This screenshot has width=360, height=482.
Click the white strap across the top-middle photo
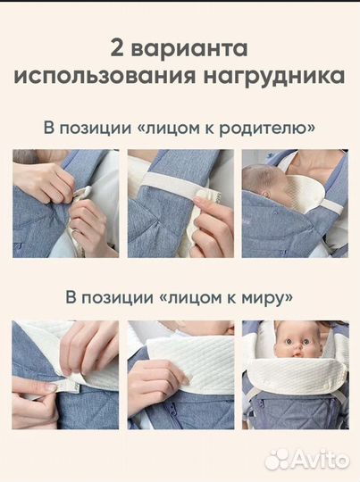[x=170, y=190]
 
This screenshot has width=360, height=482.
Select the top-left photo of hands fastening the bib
[x=64, y=203]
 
